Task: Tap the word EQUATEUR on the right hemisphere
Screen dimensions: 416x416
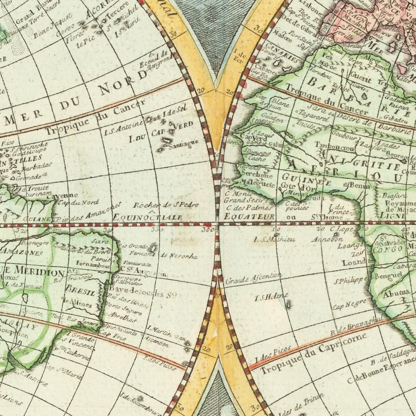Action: pyautogui.click(x=249, y=217)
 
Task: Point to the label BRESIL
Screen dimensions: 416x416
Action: pyautogui.click(x=80, y=292)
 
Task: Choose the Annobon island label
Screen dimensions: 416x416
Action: pyautogui.click(x=327, y=240)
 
